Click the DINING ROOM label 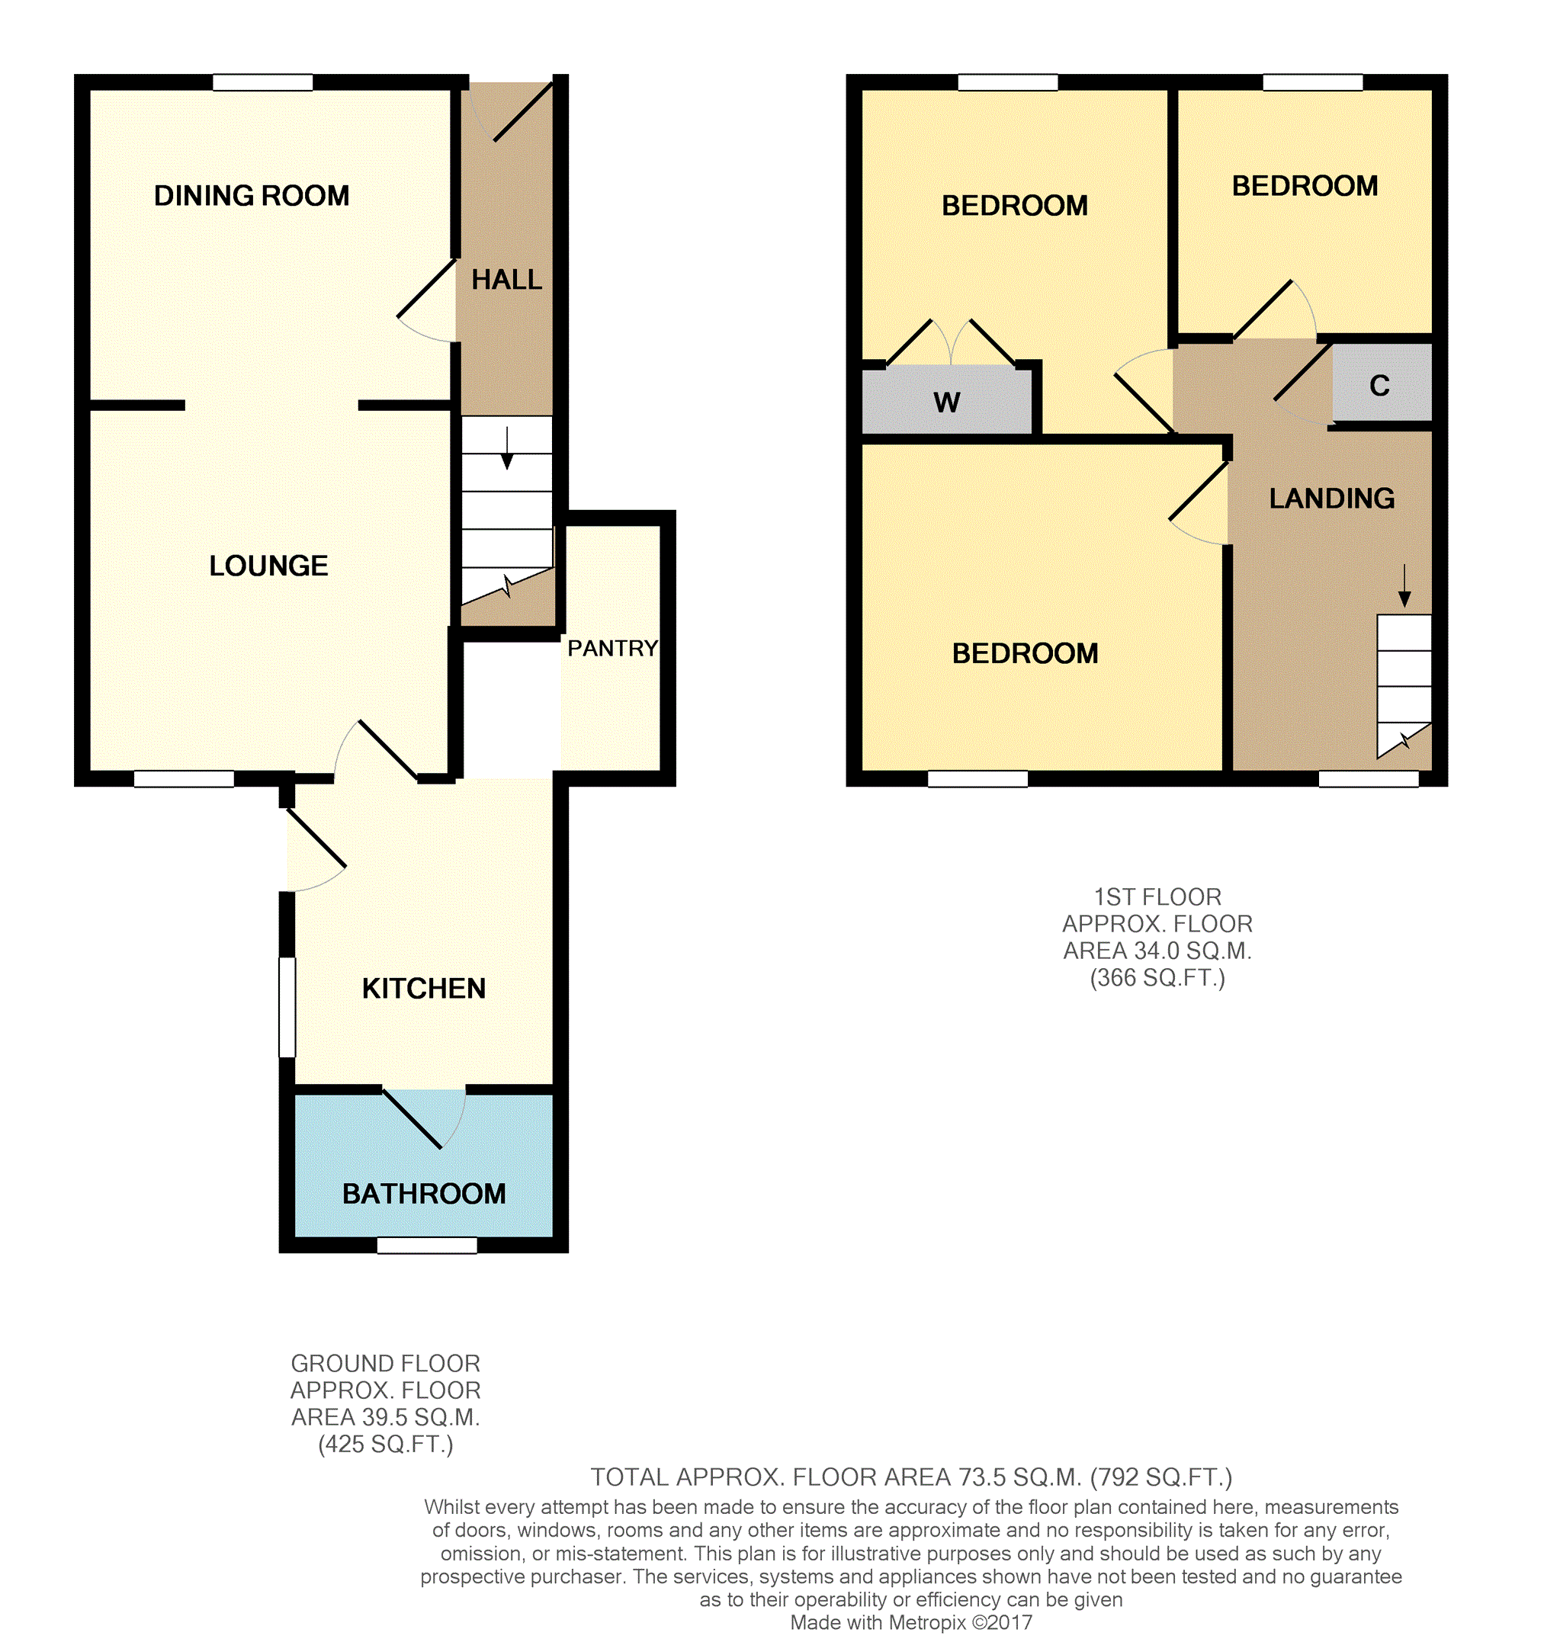[x=251, y=196]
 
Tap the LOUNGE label [x=268, y=566]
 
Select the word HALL [x=506, y=280]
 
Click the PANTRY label [x=612, y=649]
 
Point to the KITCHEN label [x=423, y=988]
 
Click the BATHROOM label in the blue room [x=424, y=1194]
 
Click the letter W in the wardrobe [x=946, y=402]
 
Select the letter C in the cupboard [x=1379, y=386]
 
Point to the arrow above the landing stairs [x=1404, y=585]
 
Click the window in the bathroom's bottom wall [x=427, y=1245]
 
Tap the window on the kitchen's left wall [x=287, y=1007]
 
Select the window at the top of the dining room [x=263, y=82]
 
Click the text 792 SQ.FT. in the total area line [x=1160, y=1477]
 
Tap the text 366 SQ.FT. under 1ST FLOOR [x=1157, y=978]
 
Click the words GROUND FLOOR [x=385, y=1364]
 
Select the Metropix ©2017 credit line [x=910, y=1622]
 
